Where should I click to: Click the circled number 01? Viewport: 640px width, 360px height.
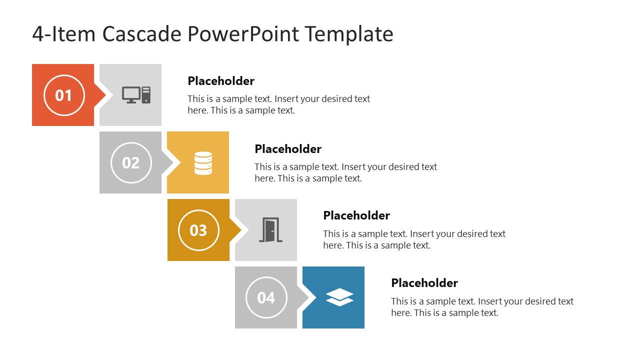[x=63, y=95]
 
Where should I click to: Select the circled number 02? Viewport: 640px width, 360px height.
[x=131, y=162]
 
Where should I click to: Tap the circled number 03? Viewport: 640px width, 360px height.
[x=198, y=230]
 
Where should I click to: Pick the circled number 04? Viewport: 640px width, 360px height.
[x=266, y=297]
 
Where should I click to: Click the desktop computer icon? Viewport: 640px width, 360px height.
[x=136, y=94]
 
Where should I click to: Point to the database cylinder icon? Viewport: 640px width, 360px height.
[x=203, y=163]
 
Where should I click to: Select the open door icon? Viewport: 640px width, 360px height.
[x=270, y=230]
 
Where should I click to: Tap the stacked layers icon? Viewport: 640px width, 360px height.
[x=339, y=297]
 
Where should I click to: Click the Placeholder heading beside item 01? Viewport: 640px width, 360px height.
[x=221, y=81]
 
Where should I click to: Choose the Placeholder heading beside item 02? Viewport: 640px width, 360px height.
[x=288, y=149]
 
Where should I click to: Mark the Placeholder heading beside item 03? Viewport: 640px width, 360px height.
[x=356, y=215]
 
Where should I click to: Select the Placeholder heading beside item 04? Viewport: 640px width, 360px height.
[x=424, y=283]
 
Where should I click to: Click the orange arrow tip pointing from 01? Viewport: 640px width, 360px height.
[x=100, y=95]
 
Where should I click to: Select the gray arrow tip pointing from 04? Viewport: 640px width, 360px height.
[x=303, y=297]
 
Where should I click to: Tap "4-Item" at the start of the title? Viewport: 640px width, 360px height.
[x=64, y=34]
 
